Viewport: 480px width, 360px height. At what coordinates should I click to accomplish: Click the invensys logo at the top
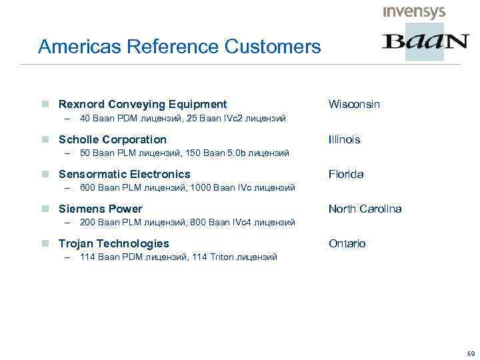click(414, 12)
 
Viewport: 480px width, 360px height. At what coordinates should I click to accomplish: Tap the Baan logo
click(425, 42)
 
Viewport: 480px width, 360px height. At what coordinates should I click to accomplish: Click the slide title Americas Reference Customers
click(179, 47)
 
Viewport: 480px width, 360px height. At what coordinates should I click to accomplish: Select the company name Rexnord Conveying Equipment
click(143, 104)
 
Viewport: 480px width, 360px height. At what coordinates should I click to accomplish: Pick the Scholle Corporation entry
click(113, 139)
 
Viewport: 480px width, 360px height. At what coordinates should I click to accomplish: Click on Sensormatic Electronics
click(125, 174)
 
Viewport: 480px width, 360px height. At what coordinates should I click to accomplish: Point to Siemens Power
click(101, 209)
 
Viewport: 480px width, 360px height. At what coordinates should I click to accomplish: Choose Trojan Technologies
click(114, 243)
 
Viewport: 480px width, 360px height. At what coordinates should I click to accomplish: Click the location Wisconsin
click(354, 104)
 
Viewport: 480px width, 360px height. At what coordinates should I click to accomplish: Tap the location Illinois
click(344, 139)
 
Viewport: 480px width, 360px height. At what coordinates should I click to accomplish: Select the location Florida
click(346, 174)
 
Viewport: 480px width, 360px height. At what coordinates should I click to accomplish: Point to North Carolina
click(365, 209)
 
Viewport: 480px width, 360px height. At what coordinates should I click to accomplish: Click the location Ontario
click(347, 243)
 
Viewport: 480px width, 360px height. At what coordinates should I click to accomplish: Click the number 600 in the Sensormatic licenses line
click(87, 188)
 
